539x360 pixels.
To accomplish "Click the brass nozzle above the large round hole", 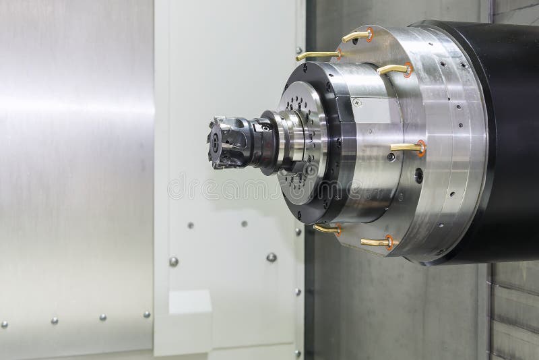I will tap(406, 146).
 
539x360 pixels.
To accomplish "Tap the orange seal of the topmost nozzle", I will tap(370, 33).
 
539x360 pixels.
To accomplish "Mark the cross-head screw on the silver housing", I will tap(357, 102).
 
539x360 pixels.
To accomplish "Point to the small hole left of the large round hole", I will tap(391, 157).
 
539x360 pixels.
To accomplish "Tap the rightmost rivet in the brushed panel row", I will tap(146, 314).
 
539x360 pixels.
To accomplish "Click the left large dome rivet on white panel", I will tap(173, 262).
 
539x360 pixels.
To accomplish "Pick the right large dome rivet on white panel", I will tap(272, 257).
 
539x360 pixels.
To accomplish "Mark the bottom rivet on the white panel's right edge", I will tap(297, 353).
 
